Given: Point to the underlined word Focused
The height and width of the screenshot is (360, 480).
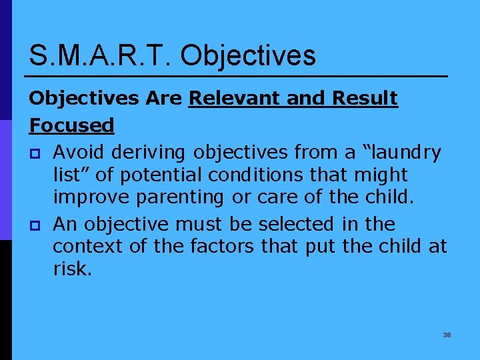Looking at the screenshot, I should (71, 125).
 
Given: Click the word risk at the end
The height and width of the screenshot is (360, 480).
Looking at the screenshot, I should (71, 269).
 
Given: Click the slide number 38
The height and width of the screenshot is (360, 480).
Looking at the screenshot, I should (447, 335).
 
